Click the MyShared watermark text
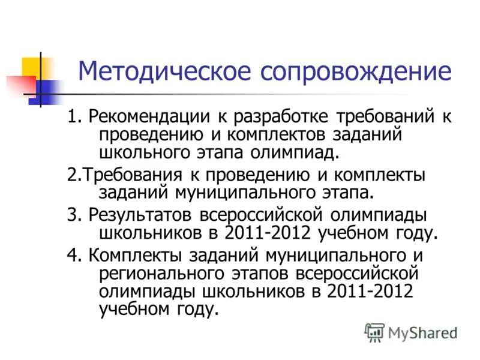(x=422, y=332)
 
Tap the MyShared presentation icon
(x=374, y=332)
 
